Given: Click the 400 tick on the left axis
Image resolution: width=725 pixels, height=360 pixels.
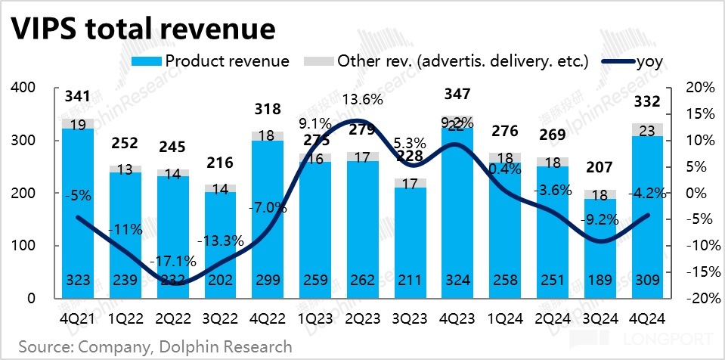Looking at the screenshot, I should tap(26, 88).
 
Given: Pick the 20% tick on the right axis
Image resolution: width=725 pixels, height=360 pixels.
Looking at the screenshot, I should tap(699, 88).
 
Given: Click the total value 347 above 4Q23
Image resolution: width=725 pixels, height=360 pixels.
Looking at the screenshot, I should tap(458, 95).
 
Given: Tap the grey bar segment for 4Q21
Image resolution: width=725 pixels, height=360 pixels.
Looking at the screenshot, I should tap(78, 123).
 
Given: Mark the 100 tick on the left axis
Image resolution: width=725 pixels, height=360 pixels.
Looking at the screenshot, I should tap(26, 246).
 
